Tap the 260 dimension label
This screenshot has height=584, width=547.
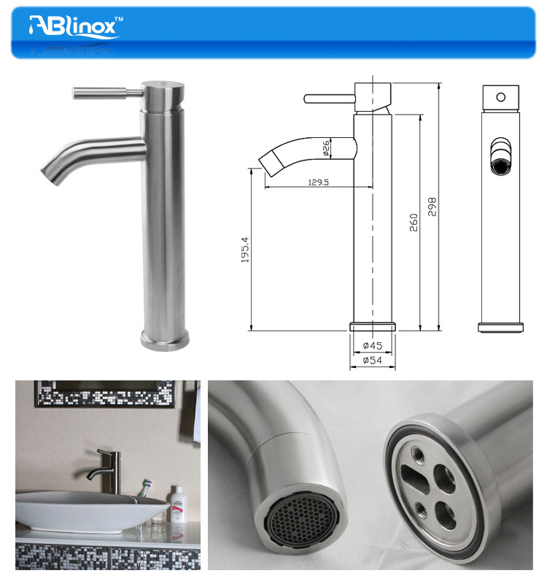tap(414, 222)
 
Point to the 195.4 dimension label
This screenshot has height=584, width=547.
tap(246, 249)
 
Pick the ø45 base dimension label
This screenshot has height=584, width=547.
tap(372, 345)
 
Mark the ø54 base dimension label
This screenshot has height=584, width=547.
tap(372, 359)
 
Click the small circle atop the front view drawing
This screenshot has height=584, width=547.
tap(500, 96)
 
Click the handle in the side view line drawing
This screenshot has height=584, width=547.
tap(328, 98)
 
